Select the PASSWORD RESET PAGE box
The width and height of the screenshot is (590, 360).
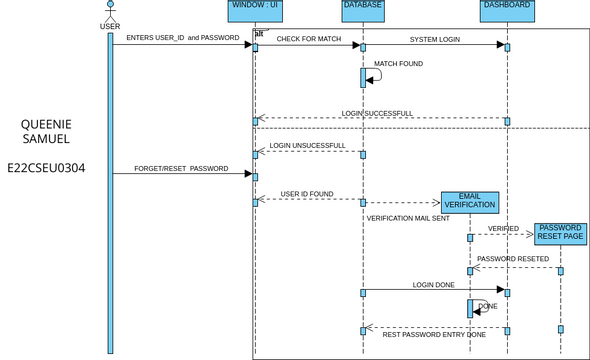tap(560, 233)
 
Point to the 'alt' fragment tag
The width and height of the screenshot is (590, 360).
tap(258, 33)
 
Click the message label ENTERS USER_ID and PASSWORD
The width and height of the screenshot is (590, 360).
tap(182, 38)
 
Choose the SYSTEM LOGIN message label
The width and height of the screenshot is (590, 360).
tap(435, 38)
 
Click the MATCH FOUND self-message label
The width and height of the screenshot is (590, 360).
tap(398, 63)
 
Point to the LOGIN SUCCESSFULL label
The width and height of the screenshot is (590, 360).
tap(376, 113)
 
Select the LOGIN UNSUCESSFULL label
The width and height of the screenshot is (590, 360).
tap(307, 145)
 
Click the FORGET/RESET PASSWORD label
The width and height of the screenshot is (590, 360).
tap(181, 168)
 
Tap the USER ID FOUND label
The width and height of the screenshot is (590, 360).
tap(307, 194)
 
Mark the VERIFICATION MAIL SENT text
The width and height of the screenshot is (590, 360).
tap(408, 217)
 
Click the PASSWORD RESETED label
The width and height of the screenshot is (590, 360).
tap(512, 259)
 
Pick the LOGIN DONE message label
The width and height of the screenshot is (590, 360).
tap(434, 285)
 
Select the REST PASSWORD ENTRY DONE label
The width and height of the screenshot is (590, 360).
tap(434, 335)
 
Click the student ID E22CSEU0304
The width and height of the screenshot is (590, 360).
tap(46, 168)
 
